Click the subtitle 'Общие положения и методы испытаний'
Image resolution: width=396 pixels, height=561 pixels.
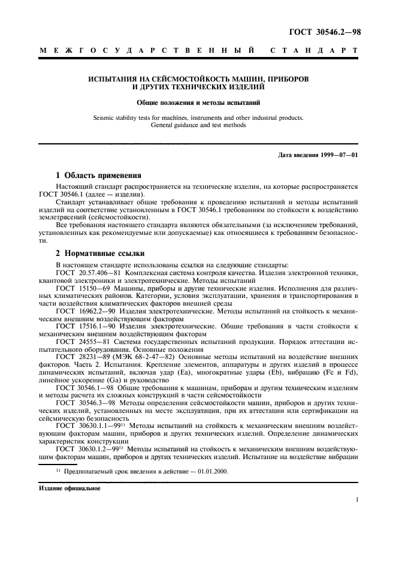click(198, 102)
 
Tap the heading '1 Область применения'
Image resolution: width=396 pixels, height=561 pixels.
click(98, 176)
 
